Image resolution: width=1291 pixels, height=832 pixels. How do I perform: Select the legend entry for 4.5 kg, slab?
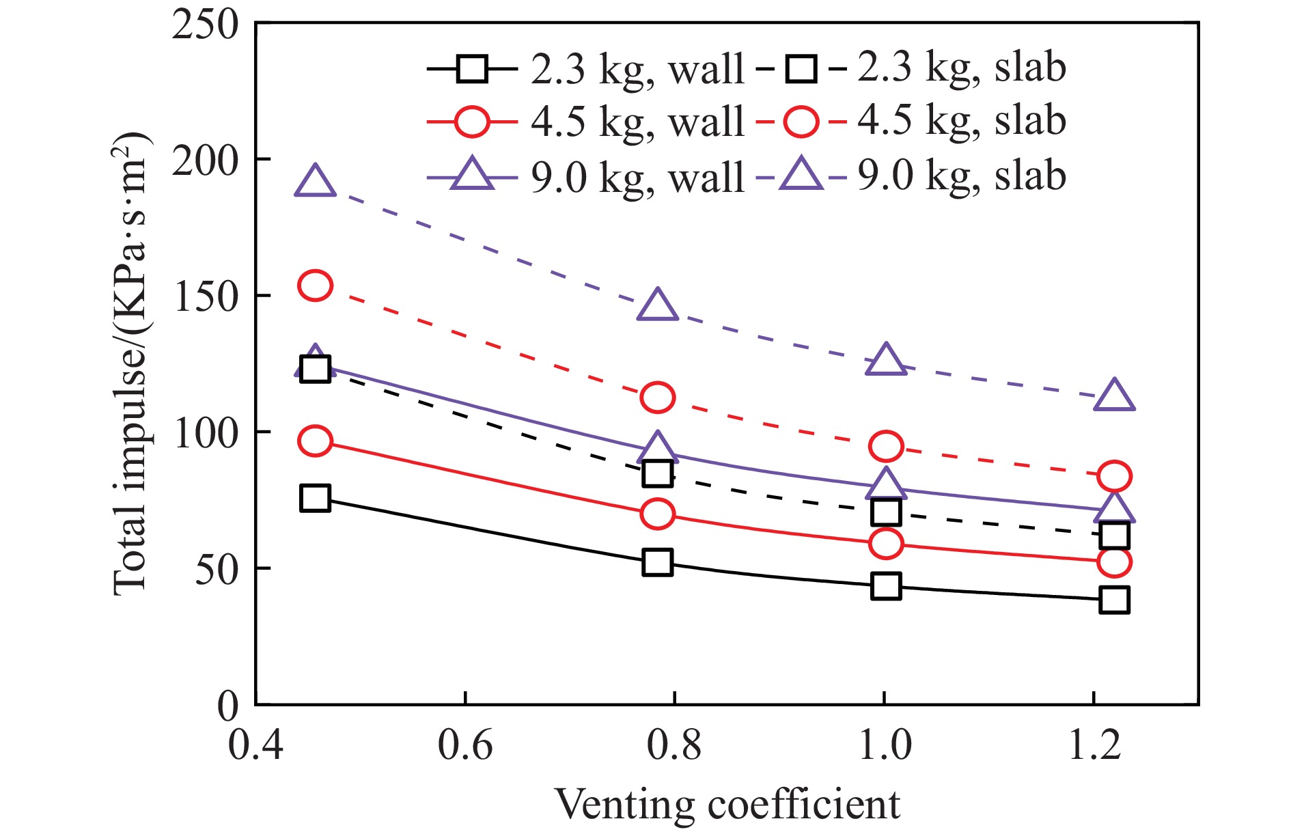pyautogui.click(x=912, y=122)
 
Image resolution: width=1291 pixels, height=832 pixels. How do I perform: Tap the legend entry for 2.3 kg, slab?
pyautogui.click(x=912, y=69)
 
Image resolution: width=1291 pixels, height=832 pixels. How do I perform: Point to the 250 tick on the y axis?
pyautogui.click(x=205, y=25)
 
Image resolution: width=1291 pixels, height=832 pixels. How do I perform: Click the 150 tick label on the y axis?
pyautogui.click(x=205, y=296)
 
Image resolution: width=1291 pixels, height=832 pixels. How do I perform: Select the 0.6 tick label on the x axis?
pyautogui.click(x=464, y=745)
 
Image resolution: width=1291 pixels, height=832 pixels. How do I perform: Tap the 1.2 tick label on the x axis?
pyautogui.click(x=1094, y=745)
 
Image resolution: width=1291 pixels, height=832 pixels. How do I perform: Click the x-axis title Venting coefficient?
pyautogui.click(x=727, y=804)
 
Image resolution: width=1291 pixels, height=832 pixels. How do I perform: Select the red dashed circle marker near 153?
pyautogui.click(x=315, y=286)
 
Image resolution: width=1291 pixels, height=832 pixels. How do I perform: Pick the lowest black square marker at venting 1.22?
pyautogui.click(x=1114, y=600)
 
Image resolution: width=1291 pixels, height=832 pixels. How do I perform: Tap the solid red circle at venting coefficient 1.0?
pyautogui.click(x=886, y=544)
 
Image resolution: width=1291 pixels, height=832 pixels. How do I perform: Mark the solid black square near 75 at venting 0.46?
pyautogui.click(x=315, y=498)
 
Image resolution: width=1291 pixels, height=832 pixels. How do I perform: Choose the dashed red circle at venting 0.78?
pyautogui.click(x=657, y=398)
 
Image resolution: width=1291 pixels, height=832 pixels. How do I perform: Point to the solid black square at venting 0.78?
pyautogui.click(x=657, y=562)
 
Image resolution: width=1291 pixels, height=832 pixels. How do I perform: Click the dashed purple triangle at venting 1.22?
pyautogui.click(x=1114, y=396)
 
